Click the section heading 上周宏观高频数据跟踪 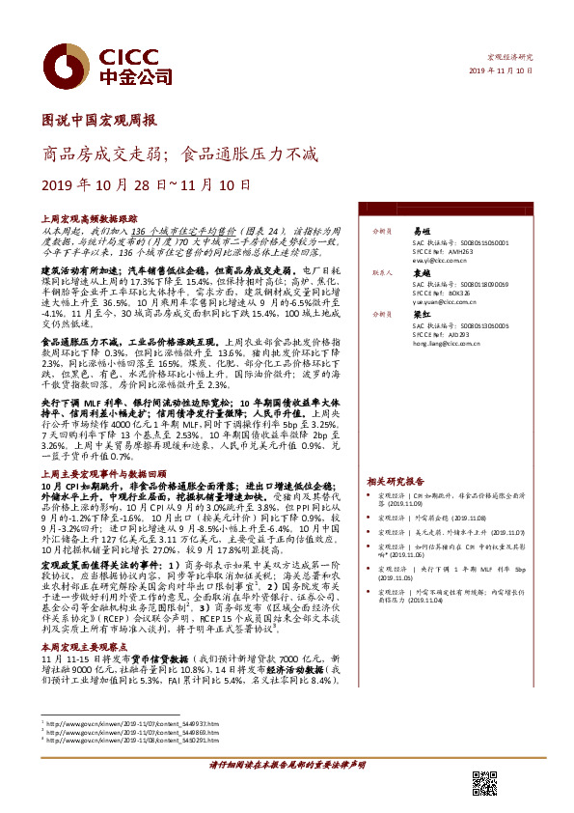(84, 220)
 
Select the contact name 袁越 (421, 273)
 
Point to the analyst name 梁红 (421, 315)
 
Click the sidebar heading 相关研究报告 (396, 481)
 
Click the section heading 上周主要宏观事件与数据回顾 (97, 476)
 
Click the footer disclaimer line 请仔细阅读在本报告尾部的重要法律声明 (287, 764)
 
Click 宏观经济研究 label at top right (512, 58)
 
